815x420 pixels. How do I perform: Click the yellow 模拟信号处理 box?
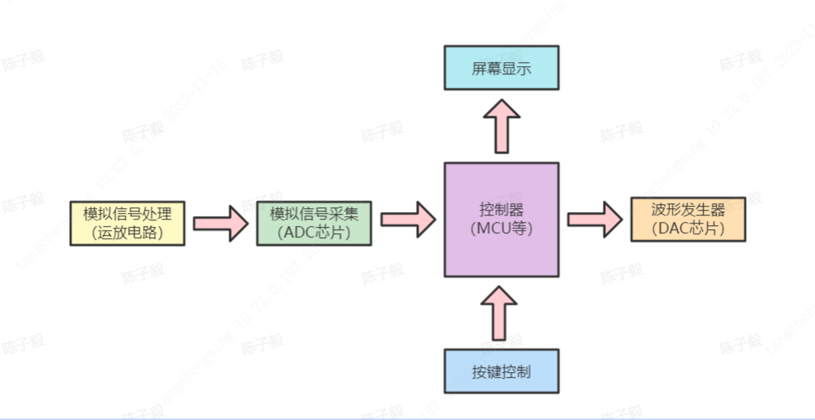click(x=127, y=223)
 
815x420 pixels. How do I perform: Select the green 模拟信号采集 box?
click(x=314, y=223)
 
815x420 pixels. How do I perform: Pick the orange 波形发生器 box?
click(x=688, y=219)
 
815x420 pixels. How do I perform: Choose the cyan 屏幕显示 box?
click(x=502, y=68)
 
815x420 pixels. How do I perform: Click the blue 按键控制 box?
click(x=502, y=371)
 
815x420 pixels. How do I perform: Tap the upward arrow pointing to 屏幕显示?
click(x=502, y=126)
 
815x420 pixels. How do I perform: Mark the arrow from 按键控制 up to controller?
click(x=499, y=313)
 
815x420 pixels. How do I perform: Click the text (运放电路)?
click(x=128, y=233)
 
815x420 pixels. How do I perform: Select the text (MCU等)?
click(x=502, y=228)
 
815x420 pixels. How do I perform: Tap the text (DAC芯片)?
click(x=688, y=228)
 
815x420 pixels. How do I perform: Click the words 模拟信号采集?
click(x=314, y=214)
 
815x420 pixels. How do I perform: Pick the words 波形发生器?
click(x=688, y=210)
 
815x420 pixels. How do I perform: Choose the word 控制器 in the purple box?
click(x=502, y=209)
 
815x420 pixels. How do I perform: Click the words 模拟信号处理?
click(x=128, y=214)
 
